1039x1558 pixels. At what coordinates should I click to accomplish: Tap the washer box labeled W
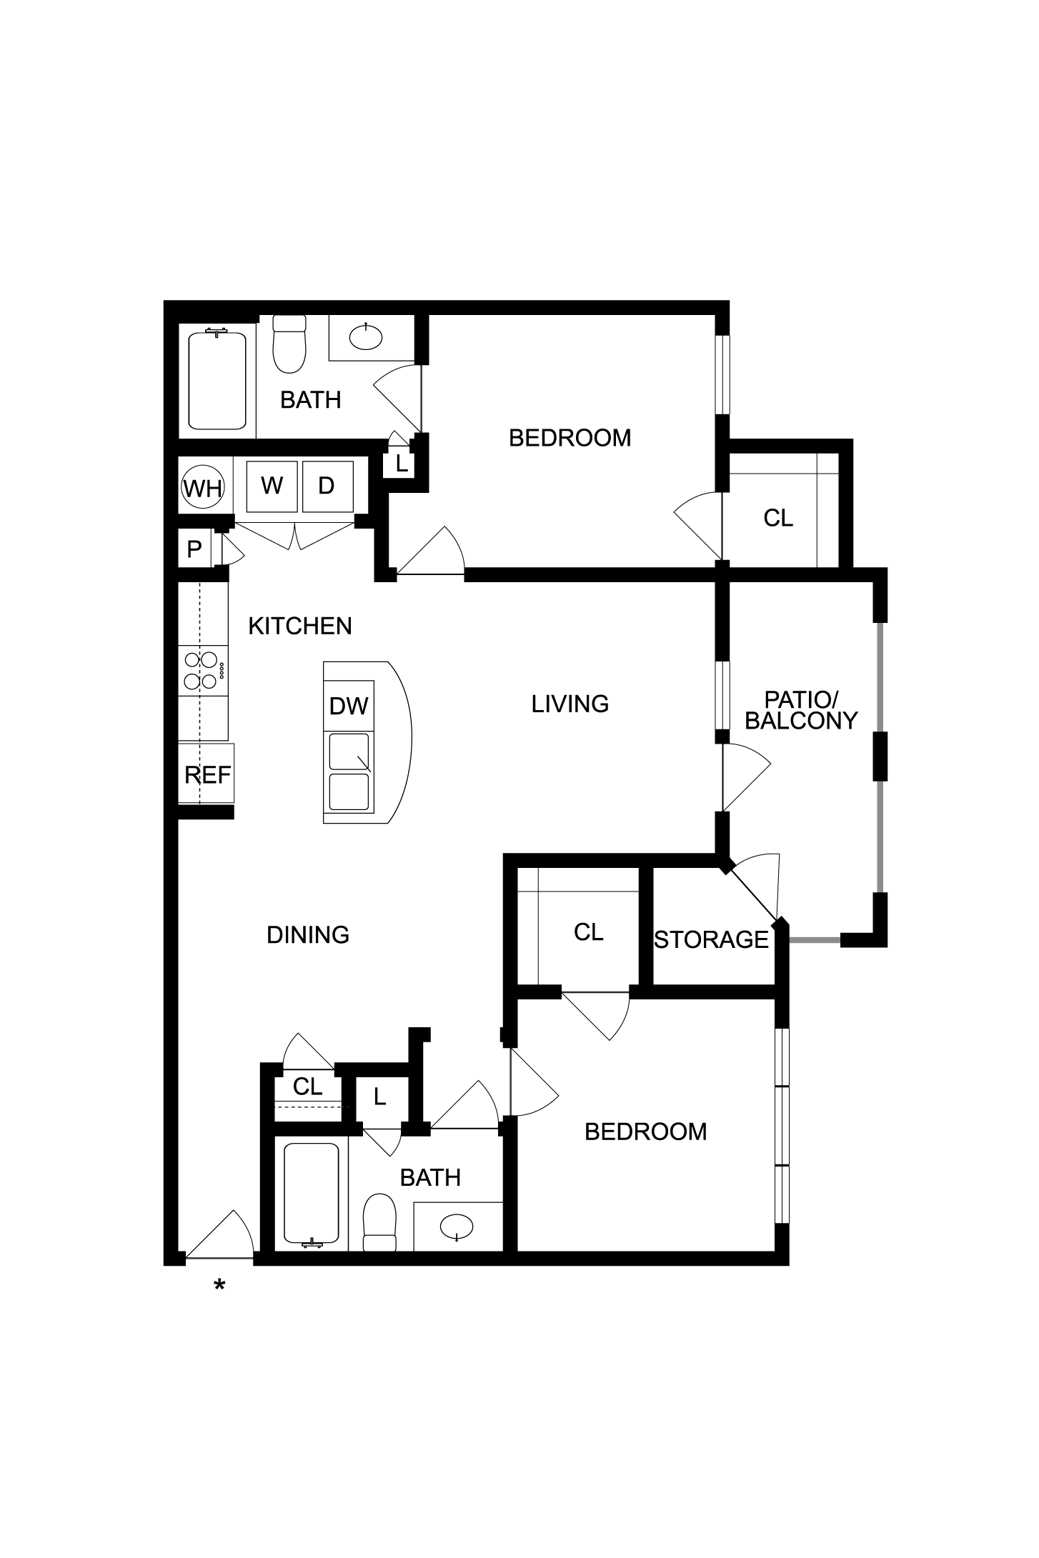coord(272,486)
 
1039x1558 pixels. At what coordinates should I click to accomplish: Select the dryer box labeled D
coord(327,486)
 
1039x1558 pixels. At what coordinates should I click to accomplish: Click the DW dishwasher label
coord(349,706)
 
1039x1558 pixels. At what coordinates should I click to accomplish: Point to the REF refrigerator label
coord(208,775)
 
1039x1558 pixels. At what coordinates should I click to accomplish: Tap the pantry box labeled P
coord(194,549)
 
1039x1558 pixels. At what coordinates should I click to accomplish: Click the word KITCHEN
coord(300,626)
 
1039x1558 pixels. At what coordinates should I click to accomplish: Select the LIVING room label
coord(570,704)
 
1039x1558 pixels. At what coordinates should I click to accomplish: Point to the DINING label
coord(308,935)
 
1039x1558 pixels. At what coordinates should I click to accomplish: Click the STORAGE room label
coord(712,939)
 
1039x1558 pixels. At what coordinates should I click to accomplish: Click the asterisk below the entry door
coord(219,1286)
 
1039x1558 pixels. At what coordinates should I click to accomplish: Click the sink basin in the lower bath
coord(457,1228)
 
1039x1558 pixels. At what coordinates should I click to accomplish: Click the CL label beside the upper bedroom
coord(778,518)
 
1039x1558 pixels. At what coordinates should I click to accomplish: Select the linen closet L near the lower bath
coord(380,1097)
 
